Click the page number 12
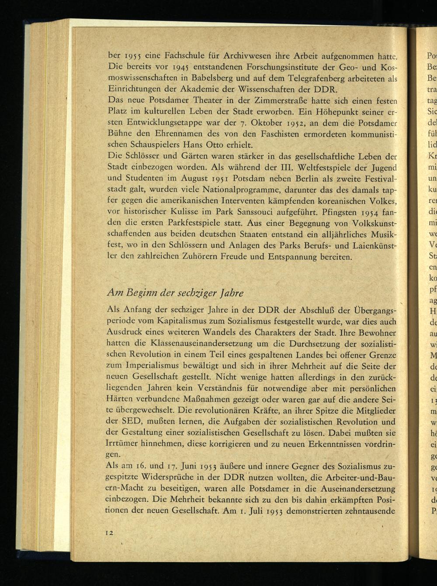(x=109, y=532)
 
